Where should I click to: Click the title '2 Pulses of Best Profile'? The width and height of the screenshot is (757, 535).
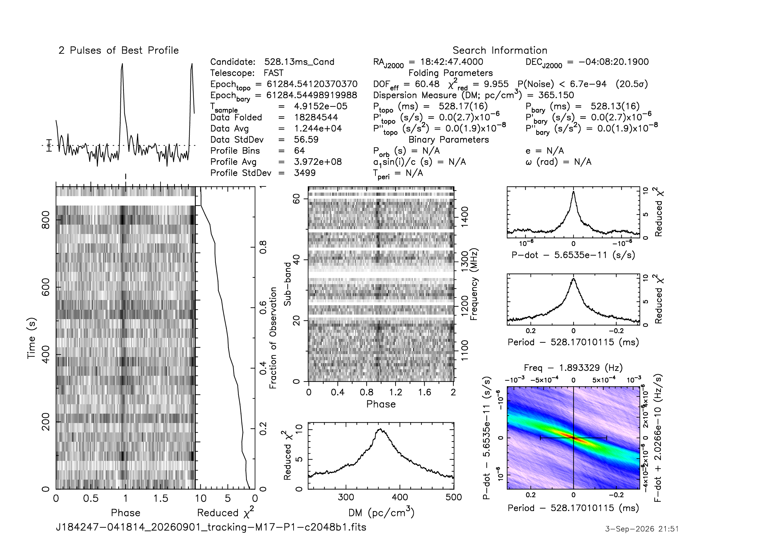pos(119,50)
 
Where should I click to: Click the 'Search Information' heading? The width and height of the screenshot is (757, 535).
pos(500,50)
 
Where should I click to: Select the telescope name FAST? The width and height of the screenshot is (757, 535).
pos(274,73)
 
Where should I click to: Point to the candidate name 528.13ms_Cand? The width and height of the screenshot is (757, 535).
pos(299,62)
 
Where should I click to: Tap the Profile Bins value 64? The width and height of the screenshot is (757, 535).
pos(299,150)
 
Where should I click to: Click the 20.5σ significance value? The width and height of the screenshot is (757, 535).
pos(632,84)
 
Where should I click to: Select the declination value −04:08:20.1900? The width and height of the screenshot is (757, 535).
pos(614,62)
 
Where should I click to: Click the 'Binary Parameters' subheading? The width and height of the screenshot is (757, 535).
pos(449,140)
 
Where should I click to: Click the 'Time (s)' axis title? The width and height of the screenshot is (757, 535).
pos(31,338)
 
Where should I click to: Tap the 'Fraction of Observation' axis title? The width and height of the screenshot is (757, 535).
pos(273,338)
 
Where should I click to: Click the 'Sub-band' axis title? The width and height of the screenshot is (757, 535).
pos(288,284)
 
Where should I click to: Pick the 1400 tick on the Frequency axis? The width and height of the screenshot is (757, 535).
pos(464,217)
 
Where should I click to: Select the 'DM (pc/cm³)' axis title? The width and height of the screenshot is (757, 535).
pos(381,513)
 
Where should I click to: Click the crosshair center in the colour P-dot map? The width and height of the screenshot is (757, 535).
pos(574,438)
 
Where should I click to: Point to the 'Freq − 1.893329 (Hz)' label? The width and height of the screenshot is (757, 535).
pos(573,368)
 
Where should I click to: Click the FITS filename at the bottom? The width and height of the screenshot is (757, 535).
pos(211,527)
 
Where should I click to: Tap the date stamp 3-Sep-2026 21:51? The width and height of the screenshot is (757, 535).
pos(642,529)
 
